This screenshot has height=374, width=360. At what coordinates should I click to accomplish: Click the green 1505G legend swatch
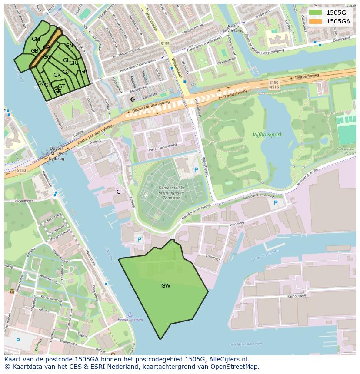315,13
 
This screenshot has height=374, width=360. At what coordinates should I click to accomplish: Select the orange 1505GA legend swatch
315,21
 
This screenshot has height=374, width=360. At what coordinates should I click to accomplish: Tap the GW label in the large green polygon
166,286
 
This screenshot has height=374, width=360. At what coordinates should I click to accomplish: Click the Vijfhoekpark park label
267,135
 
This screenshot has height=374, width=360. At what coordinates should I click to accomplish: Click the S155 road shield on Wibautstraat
165,43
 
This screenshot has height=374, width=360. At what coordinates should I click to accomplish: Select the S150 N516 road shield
273,85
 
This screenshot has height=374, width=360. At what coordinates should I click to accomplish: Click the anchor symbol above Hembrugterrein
130,314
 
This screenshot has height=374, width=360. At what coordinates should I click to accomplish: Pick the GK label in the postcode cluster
57,75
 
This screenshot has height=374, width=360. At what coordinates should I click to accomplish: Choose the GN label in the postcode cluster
69,46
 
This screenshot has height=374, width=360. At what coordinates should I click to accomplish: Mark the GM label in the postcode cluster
36,39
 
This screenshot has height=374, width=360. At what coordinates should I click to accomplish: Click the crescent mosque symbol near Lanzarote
133,99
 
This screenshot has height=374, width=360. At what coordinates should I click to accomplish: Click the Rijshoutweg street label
297,296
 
